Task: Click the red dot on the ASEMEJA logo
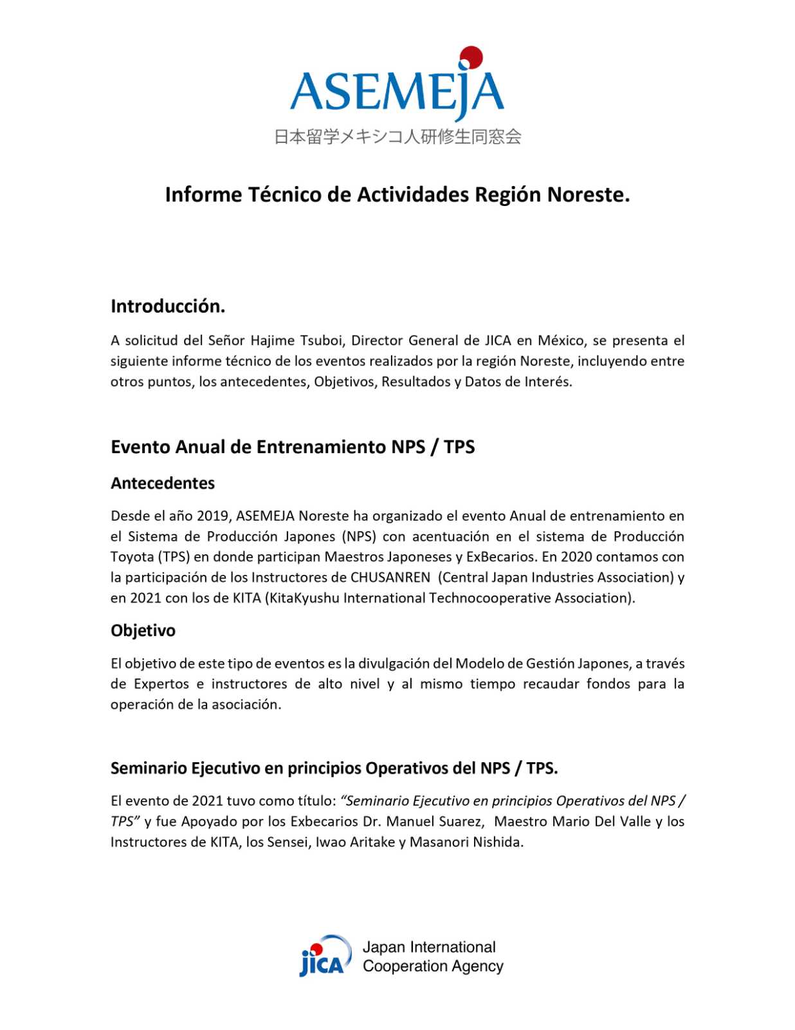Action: click(x=471, y=57)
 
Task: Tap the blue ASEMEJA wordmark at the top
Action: click(x=396, y=91)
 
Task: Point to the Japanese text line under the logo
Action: click(x=397, y=136)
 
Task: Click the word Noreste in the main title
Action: click(x=587, y=194)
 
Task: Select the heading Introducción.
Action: click(x=168, y=306)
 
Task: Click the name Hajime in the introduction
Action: click(x=271, y=341)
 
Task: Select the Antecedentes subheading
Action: click(x=163, y=483)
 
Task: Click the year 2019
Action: click(x=213, y=516)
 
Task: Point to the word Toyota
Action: click(x=132, y=557)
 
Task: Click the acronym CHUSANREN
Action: click(x=390, y=577)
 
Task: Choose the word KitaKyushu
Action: click(x=304, y=598)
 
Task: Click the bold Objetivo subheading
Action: click(x=143, y=631)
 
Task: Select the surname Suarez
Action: click(x=461, y=821)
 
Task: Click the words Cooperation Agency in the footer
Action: click(x=433, y=966)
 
